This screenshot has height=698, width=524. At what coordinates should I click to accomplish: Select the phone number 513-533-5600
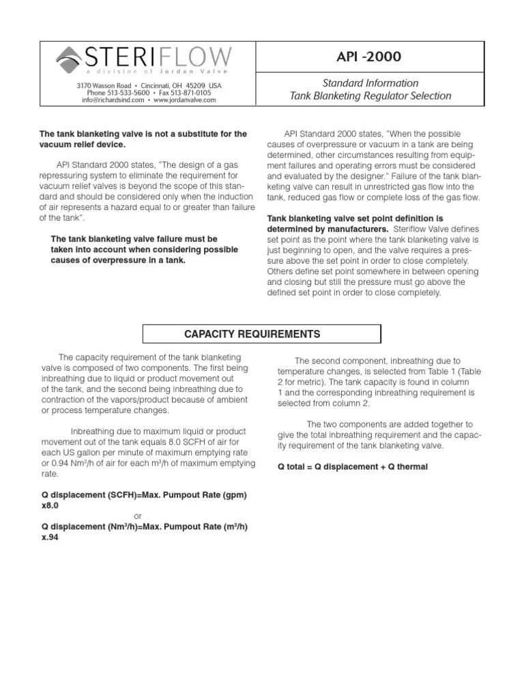coord(117,92)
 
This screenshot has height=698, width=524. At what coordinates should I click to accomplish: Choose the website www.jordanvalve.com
coord(184,100)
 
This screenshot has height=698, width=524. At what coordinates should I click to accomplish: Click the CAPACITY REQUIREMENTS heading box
coord(261,334)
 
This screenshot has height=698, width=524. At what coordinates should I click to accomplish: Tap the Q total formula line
coord(353,467)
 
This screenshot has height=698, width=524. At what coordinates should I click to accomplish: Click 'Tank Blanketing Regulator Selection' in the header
coord(370,96)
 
